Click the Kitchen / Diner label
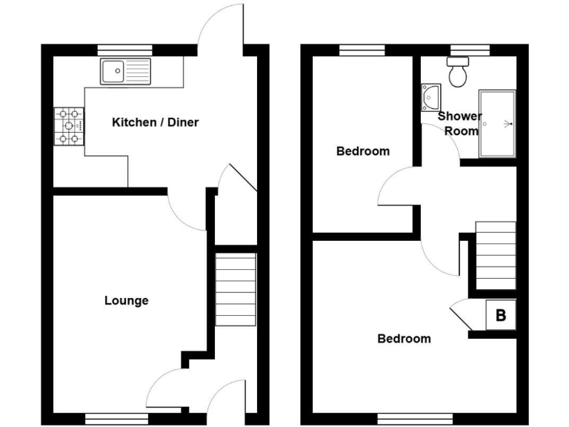(155, 122)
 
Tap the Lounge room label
(126, 300)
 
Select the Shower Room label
(459, 124)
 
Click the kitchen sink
(126, 72)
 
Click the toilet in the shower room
(457, 72)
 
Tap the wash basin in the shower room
(430, 96)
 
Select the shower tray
(497, 124)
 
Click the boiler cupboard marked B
(500, 316)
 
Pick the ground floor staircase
(236, 290)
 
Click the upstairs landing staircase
(495, 255)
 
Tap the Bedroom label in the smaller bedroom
(362, 151)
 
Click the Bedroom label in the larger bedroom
(404, 339)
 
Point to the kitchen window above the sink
(124, 50)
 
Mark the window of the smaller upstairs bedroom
(362, 50)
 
